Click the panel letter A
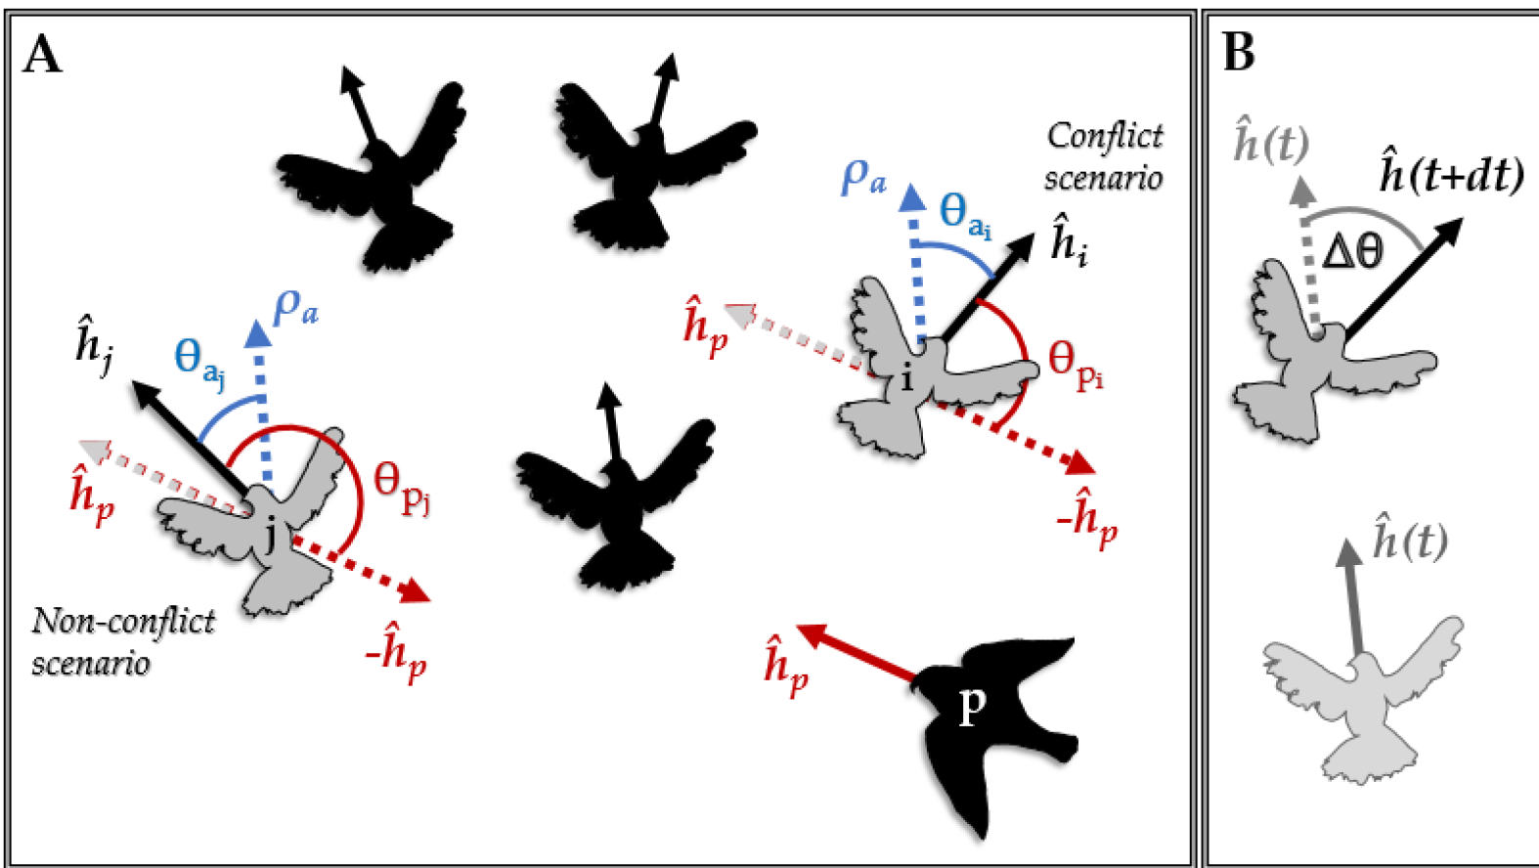[42, 55]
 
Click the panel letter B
[1239, 53]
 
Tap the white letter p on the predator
[971, 704]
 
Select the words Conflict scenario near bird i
[1104, 156]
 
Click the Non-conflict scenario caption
[122, 641]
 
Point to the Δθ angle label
[1352, 252]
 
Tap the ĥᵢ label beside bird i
[1070, 241]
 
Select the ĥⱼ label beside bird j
[95, 343]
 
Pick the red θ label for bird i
[1075, 364]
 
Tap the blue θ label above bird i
[964, 214]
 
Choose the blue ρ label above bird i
[863, 176]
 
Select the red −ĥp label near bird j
[396, 650]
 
